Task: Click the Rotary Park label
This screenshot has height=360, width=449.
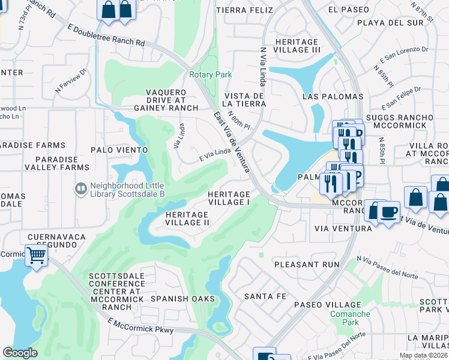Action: coord(210,74)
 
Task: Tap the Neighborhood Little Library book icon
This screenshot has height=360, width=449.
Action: coord(80,189)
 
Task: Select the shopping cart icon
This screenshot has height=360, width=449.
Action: coord(36,255)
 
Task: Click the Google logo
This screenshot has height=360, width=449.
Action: coord(20,353)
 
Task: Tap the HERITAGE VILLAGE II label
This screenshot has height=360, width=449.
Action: coord(187,218)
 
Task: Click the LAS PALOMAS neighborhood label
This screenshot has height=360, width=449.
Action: coord(333,97)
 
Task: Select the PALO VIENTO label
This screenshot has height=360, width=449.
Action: coord(119,149)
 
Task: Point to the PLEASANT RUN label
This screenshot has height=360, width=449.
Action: coord(303,264)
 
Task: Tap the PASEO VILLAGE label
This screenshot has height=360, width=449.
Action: coord(327,305)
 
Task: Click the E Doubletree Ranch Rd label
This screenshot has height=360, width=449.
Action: coord(107,35)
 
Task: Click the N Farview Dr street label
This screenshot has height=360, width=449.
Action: coord(71,80)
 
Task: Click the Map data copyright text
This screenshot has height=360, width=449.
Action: coord(423,355)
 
